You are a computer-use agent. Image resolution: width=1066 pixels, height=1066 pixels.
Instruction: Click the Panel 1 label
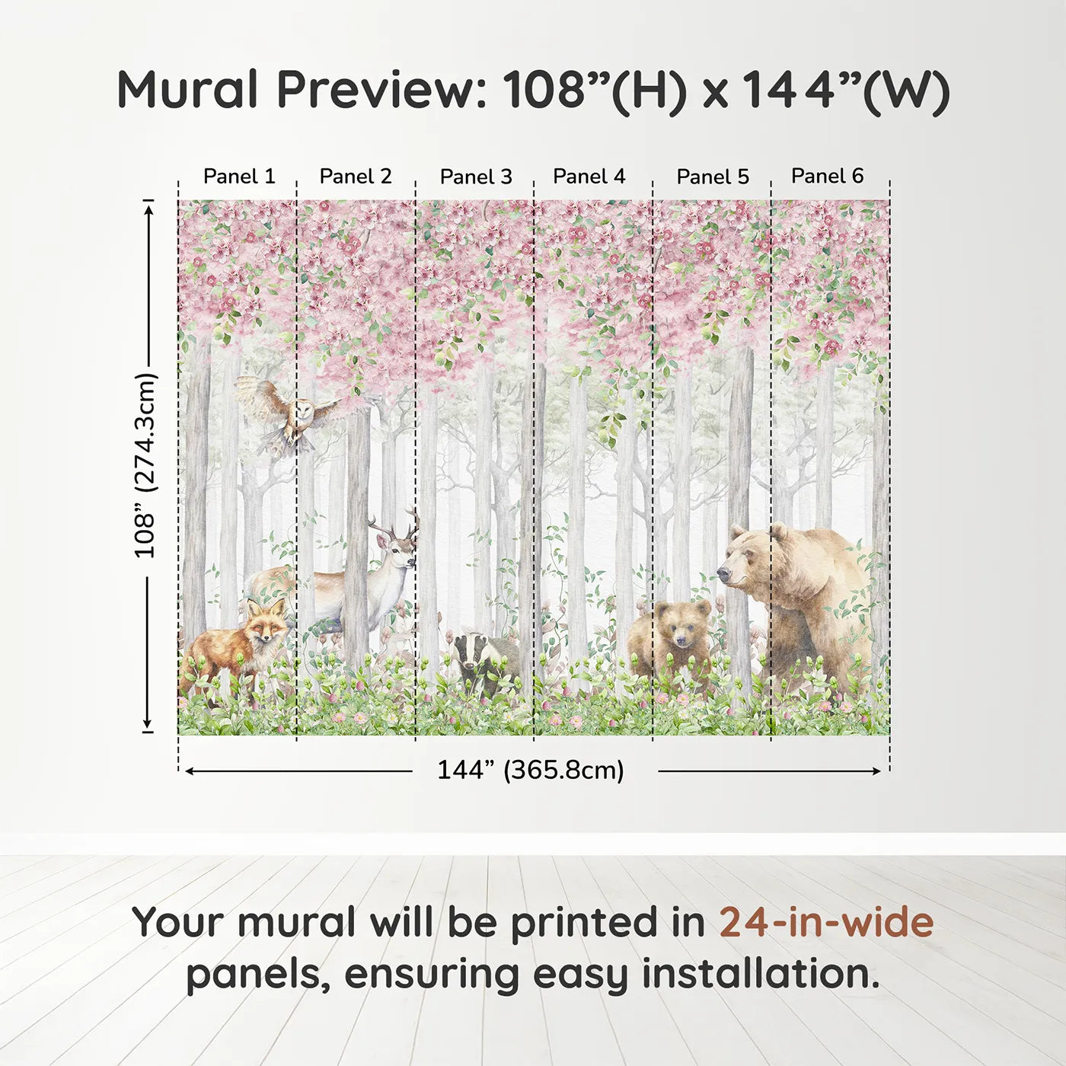click(x=239, y=176)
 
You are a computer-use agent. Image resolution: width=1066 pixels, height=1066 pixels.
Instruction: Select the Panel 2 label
click(x=355, y=176)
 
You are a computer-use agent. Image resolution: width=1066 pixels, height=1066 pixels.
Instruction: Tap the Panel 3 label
click(x=476, y=177)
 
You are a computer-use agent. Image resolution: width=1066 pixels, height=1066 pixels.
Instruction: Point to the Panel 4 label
click(x=589, y=176)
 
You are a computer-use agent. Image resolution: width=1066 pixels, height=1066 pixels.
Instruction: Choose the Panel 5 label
click(x=713, y=177)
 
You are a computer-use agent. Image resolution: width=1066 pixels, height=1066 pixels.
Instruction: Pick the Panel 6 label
click(x=827, y=175)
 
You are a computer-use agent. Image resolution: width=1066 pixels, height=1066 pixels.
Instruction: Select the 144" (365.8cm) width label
click(x=531, y=770)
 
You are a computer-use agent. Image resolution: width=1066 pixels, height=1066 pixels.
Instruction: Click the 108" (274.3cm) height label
click(x=145, y=465)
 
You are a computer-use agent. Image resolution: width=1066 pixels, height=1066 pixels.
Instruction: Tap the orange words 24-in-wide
click(x=826, y=923)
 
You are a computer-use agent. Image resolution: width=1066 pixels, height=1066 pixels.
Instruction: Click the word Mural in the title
click(x=187, y=90)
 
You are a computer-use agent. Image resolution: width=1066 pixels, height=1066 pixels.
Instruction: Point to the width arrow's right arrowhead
click(x=876, y=771)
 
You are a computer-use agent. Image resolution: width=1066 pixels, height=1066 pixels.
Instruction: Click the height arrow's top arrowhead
click(x=148, y=206)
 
